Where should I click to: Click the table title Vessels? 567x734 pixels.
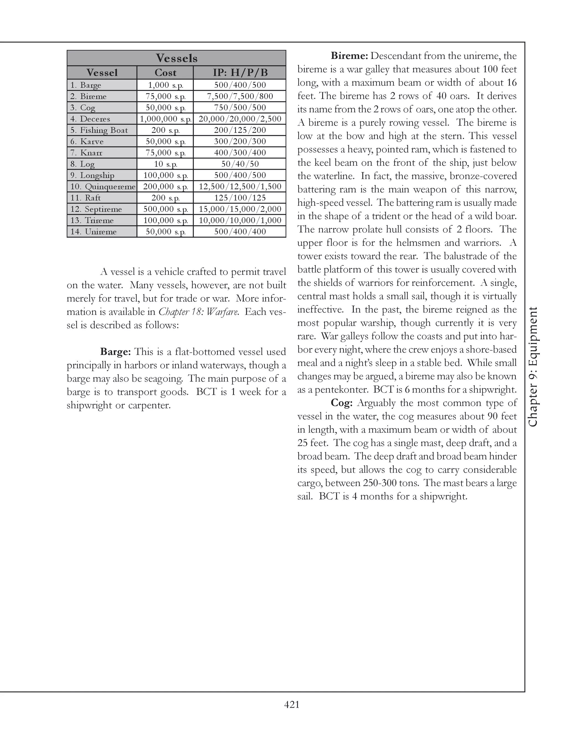(176, 58)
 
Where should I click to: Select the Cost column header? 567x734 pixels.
(165, 73)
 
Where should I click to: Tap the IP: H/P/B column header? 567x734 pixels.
(240, 73)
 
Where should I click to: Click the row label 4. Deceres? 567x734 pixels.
(90, 119)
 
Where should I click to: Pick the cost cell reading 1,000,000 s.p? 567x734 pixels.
(165, 119)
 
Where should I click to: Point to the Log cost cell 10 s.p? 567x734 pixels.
(165, 164)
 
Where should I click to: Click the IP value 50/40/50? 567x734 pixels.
(240, 164)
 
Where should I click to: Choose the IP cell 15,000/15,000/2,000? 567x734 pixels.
(240, 209)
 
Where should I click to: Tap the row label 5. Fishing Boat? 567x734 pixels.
(99, 130)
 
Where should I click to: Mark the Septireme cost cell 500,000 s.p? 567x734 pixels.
(165, 209)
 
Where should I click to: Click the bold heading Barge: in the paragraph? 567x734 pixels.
(115, 352)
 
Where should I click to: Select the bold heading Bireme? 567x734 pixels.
(350, 55)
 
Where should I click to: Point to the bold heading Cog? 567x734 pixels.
(341, 403)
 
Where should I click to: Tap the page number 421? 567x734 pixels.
(292, 704)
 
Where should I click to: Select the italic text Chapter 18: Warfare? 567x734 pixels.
(199, 312)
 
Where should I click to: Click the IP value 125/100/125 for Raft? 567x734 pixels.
(240, 197)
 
